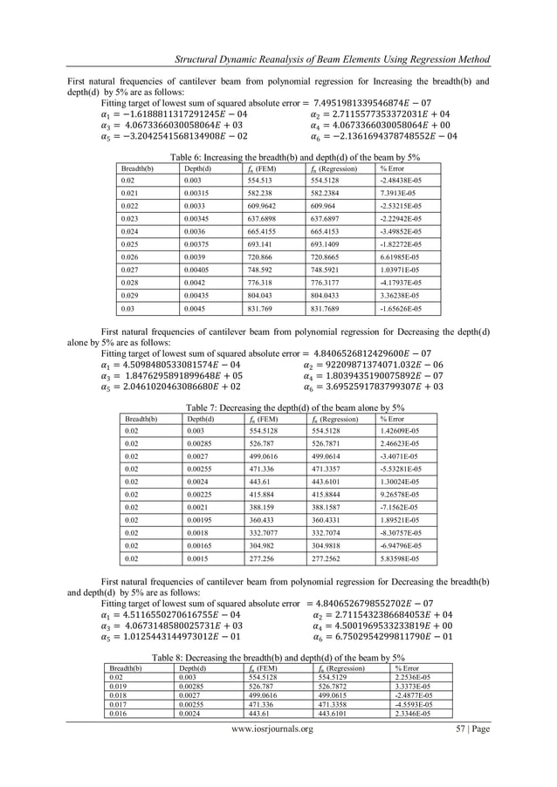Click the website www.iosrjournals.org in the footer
click(x=278, y=754)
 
